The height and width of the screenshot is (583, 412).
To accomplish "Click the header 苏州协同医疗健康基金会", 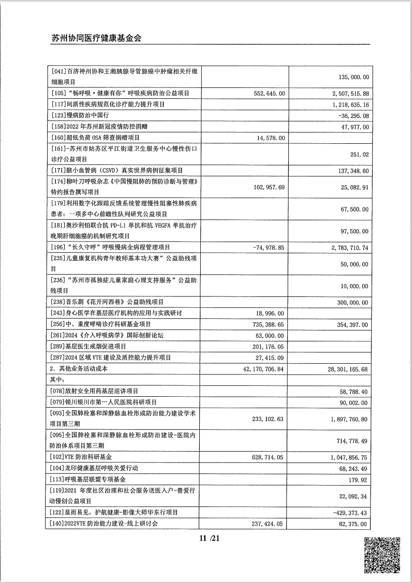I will [x=97, y=38].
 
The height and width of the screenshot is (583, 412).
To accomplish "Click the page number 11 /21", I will [x=206, y=539].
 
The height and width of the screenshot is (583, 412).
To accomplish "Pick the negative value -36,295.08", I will [x=349, y=116].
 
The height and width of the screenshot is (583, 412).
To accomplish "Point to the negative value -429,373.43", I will [x=347, y=512].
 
